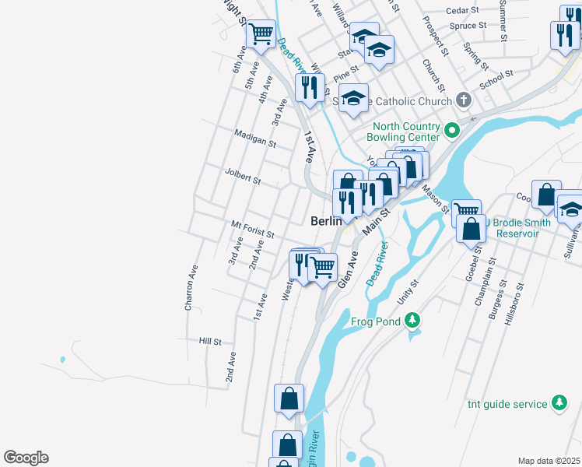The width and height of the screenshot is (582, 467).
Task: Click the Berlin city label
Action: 326,221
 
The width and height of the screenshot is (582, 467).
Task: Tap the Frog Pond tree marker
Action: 412,321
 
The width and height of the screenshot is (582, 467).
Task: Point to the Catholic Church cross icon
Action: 464,100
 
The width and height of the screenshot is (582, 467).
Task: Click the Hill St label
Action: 210,341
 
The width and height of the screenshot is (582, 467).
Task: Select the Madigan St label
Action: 256,139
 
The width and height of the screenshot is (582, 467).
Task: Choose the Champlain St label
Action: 486,276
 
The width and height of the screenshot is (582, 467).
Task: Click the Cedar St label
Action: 467,11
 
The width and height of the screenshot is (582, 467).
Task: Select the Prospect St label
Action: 436,37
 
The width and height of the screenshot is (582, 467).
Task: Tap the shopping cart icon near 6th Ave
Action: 261,33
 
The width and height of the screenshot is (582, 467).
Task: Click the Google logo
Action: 26,458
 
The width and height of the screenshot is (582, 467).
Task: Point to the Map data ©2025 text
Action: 549,461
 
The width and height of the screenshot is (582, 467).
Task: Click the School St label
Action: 497,79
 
